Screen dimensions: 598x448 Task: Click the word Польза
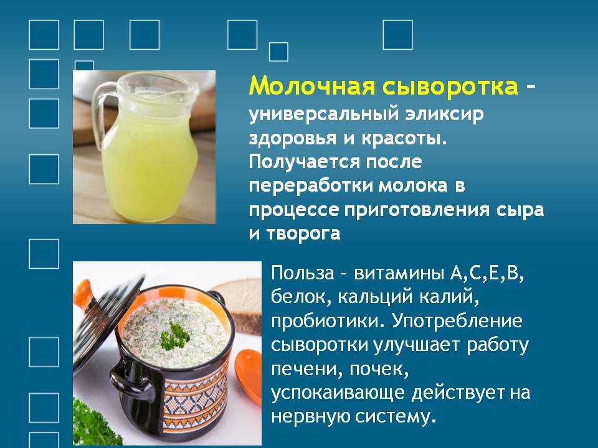tap(303, 273)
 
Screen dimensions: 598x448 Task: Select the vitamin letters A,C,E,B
tap(487, 274)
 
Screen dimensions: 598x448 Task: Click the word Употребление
tap(457, 321)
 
